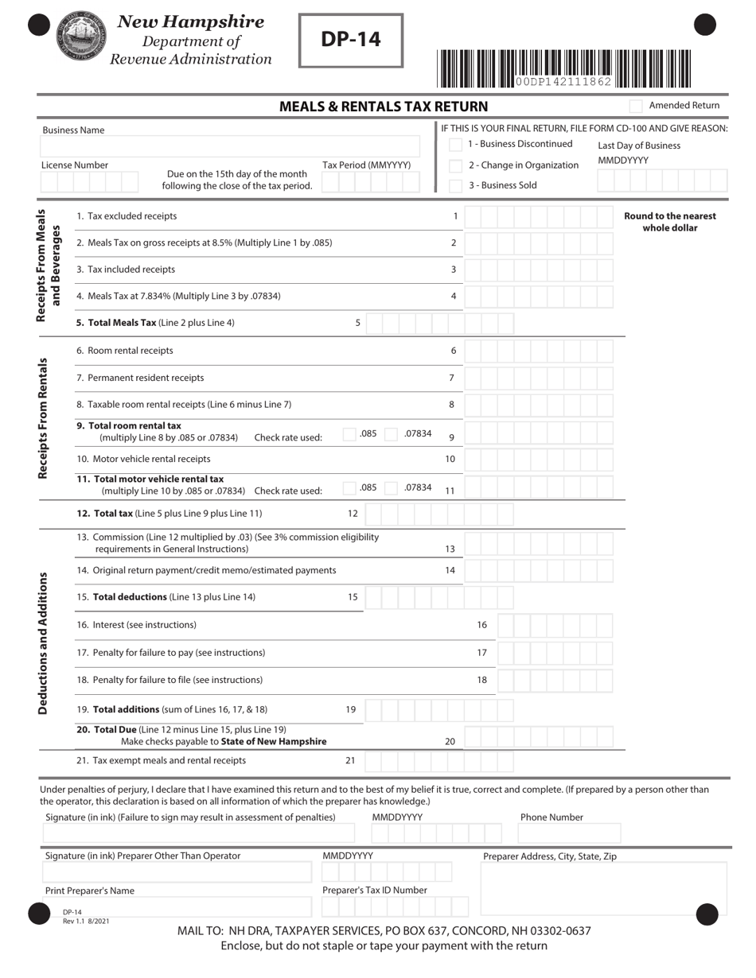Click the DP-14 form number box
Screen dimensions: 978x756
tap(351, 40)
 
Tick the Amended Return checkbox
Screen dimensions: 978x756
tap(636, 106)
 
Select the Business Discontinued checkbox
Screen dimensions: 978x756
tap(455, 145)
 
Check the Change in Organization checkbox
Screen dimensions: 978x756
tap(455, 165)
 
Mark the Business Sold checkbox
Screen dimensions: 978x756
tap(455, 186)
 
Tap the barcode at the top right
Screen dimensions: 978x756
tap(563, 68)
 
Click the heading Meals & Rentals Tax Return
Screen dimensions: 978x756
tap(384, 107)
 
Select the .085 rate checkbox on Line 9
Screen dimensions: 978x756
tap(349, 434)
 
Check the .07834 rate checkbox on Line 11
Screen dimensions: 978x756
tap(391, 488)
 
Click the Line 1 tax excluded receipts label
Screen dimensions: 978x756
tap(127, 216)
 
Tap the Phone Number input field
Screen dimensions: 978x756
tap(569, 833)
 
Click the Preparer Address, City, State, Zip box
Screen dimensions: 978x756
tap(604, 889)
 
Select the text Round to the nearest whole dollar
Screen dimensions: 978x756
tap(669, 222)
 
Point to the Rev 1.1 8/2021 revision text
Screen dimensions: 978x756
tap(86, 921)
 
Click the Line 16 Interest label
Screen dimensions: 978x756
tap(136, 625)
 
